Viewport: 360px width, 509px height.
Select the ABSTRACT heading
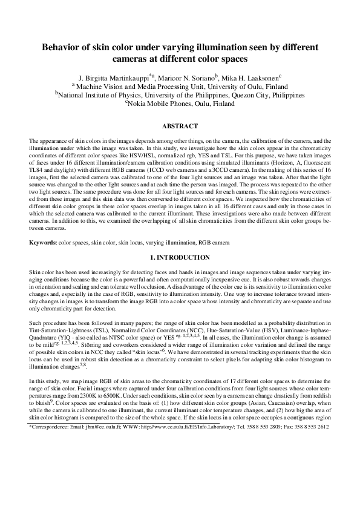pyautogui.click(x=180, y=126)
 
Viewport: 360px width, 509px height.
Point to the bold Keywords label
pyautogui.click(x=42, y=259)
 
